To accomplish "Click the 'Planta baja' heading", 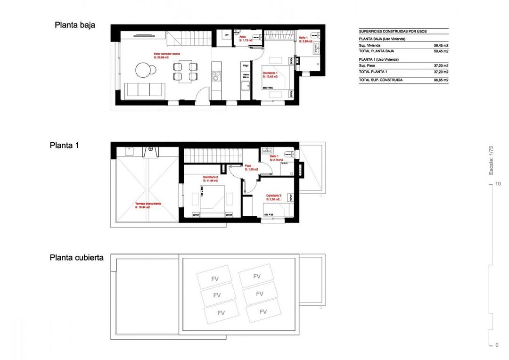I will tap(75, 25).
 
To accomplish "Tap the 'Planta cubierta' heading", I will tap(77, 258).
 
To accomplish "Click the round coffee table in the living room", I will tap(144, 70).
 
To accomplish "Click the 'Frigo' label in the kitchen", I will tap(245, 66).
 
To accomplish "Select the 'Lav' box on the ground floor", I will tap(227, 34).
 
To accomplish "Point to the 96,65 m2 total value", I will tap(441, 80).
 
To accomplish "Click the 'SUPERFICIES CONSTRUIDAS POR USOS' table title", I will tap(393, 31).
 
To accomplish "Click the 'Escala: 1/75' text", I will tap(491, 160).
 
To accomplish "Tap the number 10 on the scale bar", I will tap(497, 184).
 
